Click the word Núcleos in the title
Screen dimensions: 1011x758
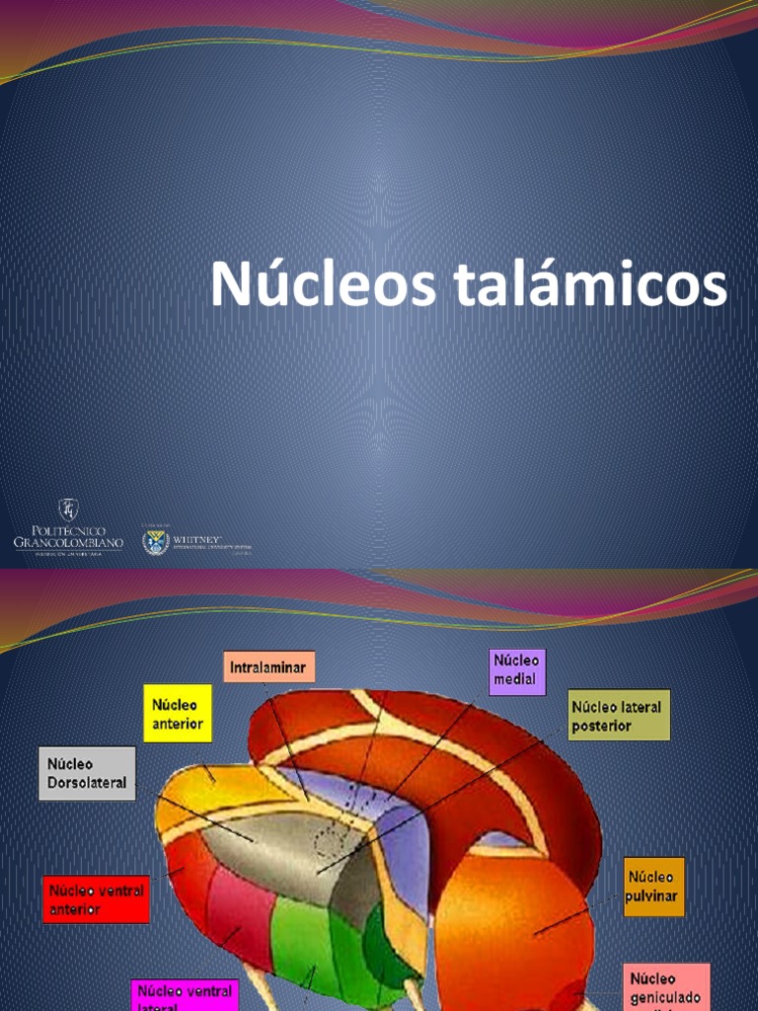[324, 285]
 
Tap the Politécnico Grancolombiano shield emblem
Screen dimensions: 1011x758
[68, 509]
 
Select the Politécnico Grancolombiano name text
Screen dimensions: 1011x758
[68, 539]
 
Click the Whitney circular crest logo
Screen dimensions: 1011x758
[156, 541]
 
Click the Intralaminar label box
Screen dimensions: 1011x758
[269, 667]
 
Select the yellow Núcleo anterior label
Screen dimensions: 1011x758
[178, 714]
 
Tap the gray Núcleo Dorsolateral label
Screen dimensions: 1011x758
[87, 773]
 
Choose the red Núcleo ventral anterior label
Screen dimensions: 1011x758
[96, 898]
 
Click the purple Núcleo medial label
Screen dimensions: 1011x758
[516, 670]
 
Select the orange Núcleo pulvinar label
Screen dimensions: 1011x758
[653, 887]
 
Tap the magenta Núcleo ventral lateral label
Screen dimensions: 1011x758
[186, 994]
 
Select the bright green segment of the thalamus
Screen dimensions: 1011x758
[301, 948]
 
